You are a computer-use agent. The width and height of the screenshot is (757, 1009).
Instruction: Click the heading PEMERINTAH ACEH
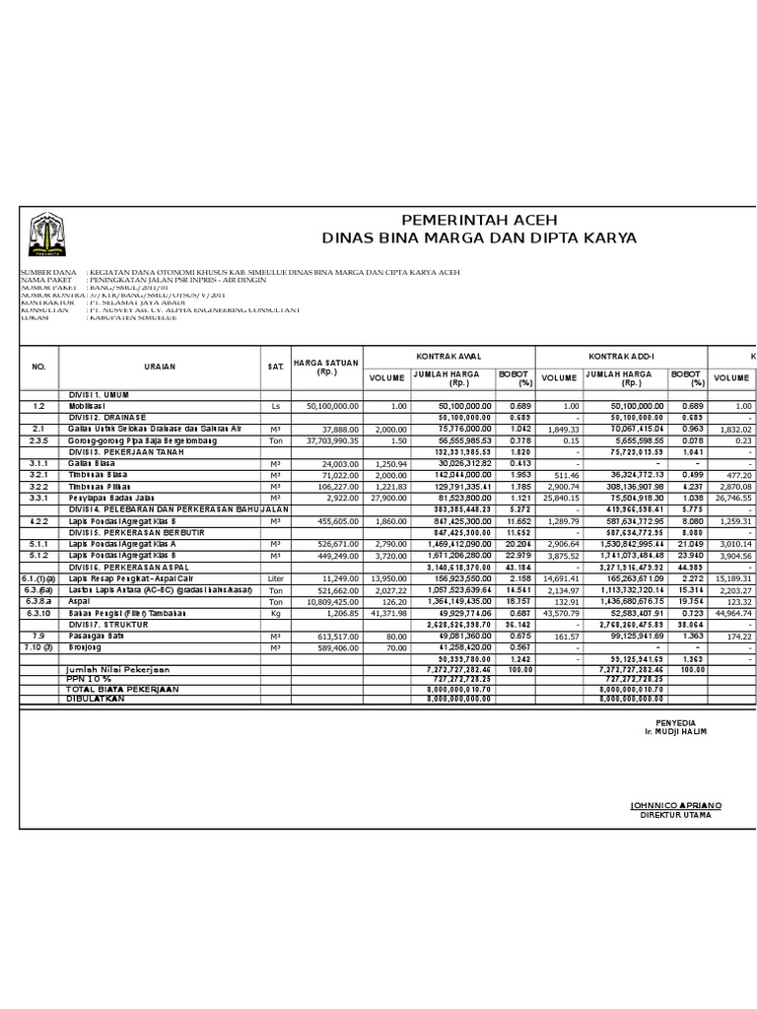[479, 220]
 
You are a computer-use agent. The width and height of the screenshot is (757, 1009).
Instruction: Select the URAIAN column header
[159, 366]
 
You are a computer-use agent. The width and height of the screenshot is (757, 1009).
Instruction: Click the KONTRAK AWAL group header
[447, 353]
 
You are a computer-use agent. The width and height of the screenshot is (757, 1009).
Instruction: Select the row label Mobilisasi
[90, 405]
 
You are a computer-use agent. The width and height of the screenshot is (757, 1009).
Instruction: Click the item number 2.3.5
[39, 440]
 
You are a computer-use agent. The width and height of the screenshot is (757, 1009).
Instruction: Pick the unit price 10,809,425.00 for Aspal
[326, 600]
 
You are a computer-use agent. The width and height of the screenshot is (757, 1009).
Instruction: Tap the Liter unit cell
[275, 577]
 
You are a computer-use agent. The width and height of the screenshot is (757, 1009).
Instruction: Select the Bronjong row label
[85, 647]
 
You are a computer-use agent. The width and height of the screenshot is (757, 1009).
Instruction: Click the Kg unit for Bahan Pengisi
[275, 612]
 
